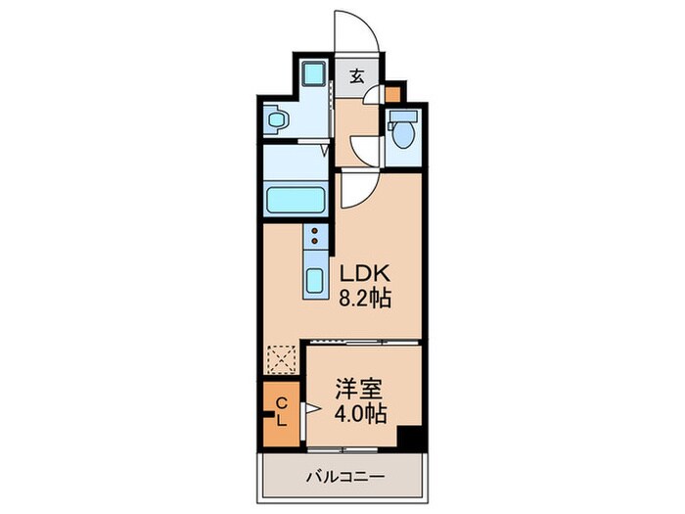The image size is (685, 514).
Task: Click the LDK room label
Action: [364, 273]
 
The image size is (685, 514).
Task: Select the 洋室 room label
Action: [359, 389]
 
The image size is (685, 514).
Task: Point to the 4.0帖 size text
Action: [360, 413]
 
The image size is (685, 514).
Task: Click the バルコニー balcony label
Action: [345, 476]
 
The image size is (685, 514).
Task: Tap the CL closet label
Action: [282, 412]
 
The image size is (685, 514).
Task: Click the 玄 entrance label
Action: [357, 77]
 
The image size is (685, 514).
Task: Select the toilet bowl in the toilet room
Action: [402, 134]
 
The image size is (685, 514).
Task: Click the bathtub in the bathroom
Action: [296, 200]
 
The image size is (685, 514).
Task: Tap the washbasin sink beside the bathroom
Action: [278, 119]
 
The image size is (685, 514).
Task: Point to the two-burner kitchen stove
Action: [315, 236]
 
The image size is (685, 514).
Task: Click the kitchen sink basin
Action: [314, 281]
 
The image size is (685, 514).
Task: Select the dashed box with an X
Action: [282, 359]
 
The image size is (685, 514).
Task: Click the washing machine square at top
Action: [314, 73]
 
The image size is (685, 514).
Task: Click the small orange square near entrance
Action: [391, 94]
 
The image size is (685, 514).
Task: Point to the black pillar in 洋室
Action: [409, 437]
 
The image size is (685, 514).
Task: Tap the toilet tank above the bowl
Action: [403, 116]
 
